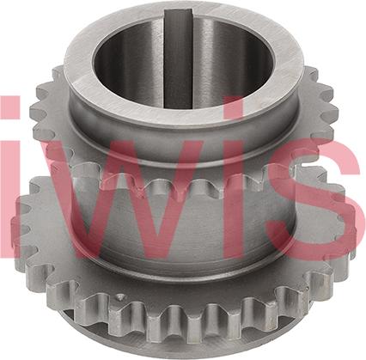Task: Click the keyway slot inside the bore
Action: pyautogui.click(x=179, y=58)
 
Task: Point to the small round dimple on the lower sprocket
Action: pyautogui.click(x=120, y=297)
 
